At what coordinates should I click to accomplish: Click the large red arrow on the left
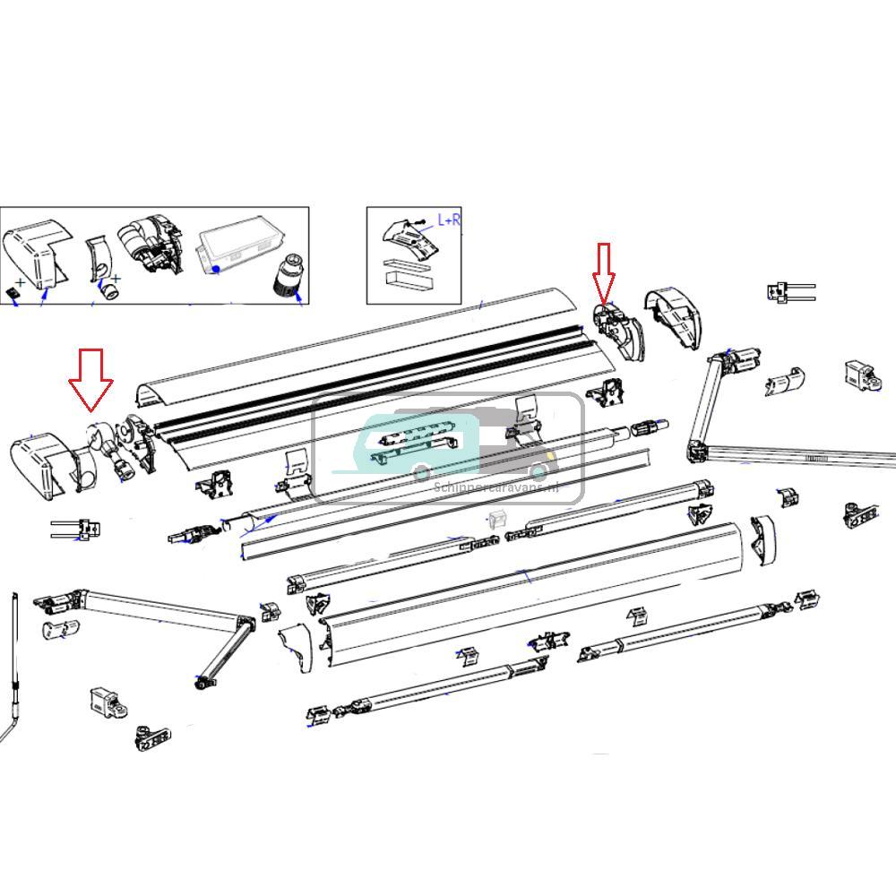[x=91, y=379]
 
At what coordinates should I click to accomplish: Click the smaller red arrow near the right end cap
[x=603, y=272]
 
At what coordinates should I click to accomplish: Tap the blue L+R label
[x=449, y=220]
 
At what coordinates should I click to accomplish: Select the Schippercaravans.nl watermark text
[x=495, y=488]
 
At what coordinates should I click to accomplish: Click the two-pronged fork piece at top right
[x=788, y=291]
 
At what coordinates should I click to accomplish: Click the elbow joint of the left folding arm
[x=244, y=624]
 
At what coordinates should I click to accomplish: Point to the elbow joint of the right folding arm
[x=696, y=450]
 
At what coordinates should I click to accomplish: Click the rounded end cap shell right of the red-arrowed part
[x=677, y=321]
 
